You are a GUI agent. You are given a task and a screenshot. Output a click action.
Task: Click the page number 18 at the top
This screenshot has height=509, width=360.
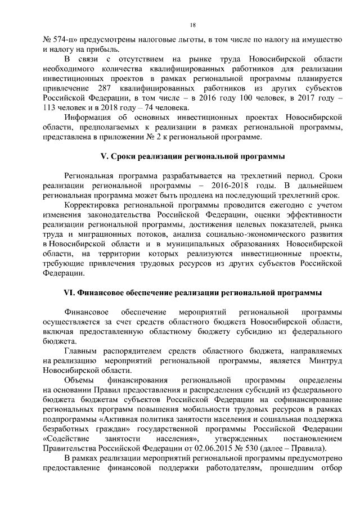pyautogui.click(x=192, y=25)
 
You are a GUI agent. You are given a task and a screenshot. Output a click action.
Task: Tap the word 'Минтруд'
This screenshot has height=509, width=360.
pyautogui.click(x=325, y=361)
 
